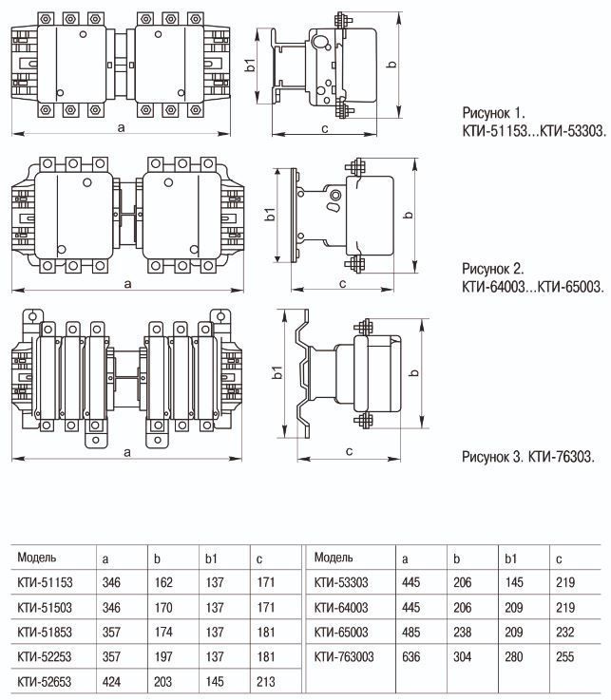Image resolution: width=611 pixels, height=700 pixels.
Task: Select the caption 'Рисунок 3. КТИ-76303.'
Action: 528,457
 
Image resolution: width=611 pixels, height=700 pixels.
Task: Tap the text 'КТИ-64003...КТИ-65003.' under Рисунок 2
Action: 533,285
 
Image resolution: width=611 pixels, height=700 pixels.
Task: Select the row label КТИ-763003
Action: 345,655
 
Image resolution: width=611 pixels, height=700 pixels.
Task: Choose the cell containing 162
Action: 165,581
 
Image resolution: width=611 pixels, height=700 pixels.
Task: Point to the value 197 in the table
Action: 165,655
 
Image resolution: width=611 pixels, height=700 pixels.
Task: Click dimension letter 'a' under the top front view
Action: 121,126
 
